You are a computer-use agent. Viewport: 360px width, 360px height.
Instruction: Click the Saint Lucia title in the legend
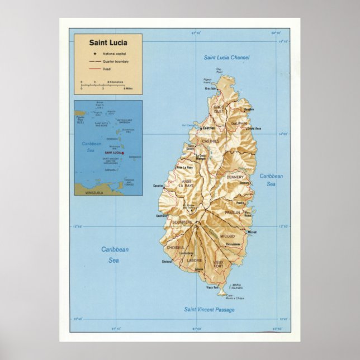click(x=108, y=42)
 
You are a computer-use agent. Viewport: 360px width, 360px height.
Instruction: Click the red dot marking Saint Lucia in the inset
click(x=123, y=152)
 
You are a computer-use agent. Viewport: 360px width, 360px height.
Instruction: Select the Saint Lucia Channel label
click(x=226, y=57)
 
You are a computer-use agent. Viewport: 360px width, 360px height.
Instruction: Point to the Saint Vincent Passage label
click(x=209, y=309)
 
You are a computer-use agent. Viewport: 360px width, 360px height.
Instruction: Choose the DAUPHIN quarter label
click(x=239, y=124)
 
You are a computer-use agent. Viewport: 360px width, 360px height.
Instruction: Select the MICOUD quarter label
click(x=228, y=236)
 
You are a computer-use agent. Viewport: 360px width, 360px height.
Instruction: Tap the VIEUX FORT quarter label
click(x=219, y=264)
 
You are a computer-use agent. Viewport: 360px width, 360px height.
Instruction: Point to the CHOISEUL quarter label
click(x=176, y=247)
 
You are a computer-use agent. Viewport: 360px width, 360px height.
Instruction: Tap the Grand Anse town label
click(x=254, y=129)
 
